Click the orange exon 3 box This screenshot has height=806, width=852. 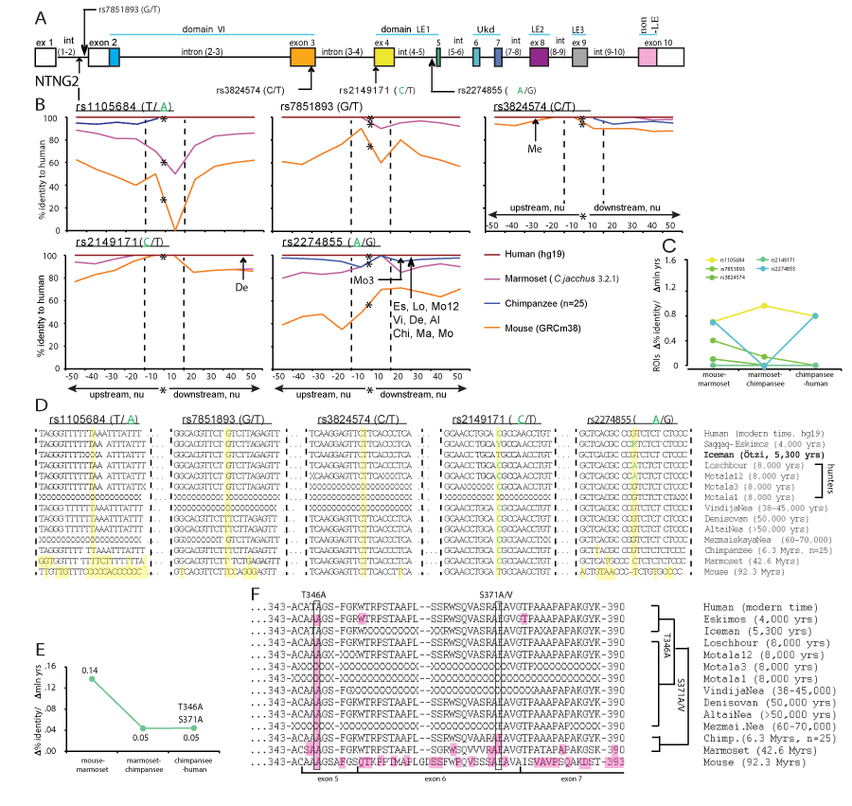(x=303, y=58)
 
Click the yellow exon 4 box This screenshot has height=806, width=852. (x=383, y=58)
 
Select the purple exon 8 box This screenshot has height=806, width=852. (x=539, y=58)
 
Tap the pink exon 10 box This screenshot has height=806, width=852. (x=648, y=58)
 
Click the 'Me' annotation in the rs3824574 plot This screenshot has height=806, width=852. (x=536, y=148)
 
